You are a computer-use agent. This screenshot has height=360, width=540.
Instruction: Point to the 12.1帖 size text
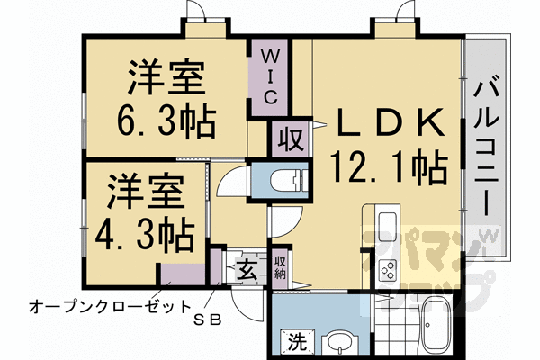390,166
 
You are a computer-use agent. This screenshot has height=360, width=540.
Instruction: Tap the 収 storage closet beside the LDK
288,141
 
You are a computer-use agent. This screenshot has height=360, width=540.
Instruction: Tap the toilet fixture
286,181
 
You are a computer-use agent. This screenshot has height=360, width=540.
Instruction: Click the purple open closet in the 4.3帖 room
185,275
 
